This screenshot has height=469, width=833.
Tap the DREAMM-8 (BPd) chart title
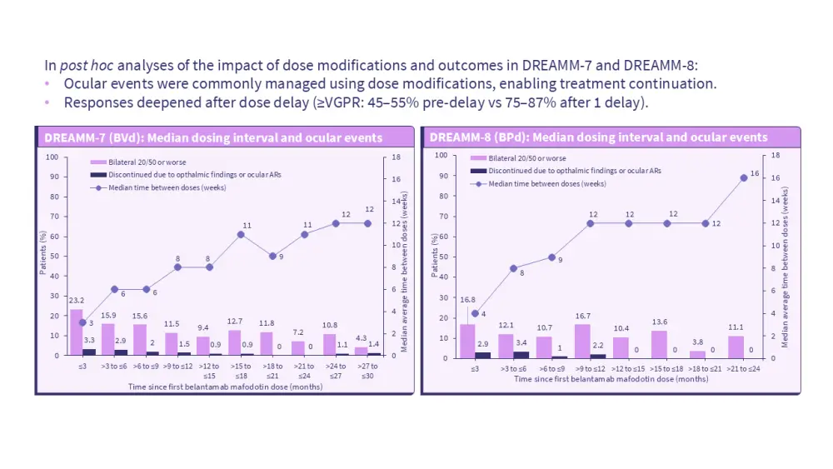click(596, 137)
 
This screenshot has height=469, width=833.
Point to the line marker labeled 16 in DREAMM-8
click(744, 177)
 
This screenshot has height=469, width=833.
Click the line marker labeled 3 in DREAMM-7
click(82, 322)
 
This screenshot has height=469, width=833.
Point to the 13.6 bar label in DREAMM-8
click(659, 322)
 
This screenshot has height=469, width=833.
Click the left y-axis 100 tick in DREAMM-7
click(52, 157)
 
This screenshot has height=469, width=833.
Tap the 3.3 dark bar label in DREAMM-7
click(89, 340)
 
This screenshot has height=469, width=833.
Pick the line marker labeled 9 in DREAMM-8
click(552, 257)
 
